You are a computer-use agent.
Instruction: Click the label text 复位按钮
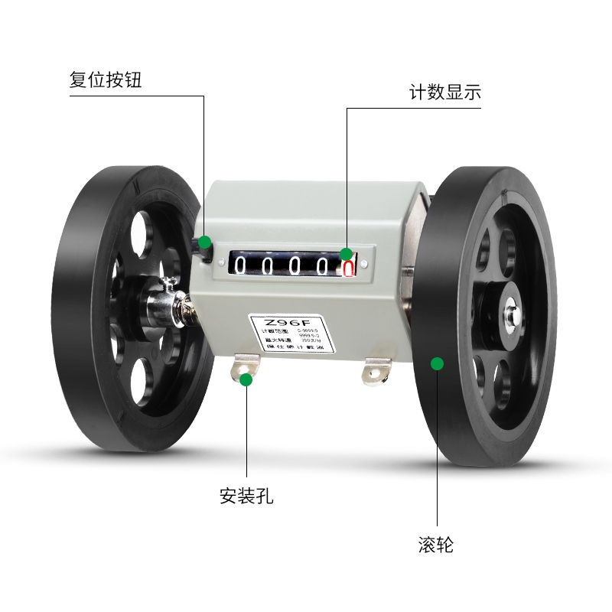(106, 80)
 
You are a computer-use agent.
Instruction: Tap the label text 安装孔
(246, 496)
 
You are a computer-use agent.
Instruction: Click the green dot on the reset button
(205, 243)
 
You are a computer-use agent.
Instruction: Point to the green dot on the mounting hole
(246, 379)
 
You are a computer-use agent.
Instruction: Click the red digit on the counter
(348, 267)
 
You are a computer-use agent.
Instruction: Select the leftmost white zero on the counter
(240, 265)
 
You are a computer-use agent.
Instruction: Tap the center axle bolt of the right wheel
(510, 312)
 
